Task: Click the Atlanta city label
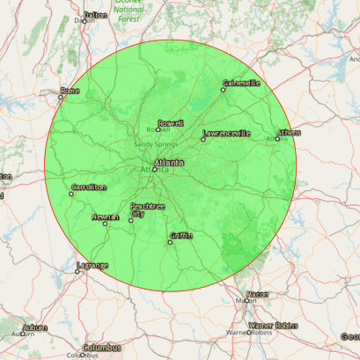[x=169, y=163]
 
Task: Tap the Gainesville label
[x=242, y=84]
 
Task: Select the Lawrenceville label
[x=226, y=134]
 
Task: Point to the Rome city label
[x=70, y=91]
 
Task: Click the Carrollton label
[x=88, y=187]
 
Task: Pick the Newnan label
[x=105, y=216]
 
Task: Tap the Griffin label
[x=181, y=235]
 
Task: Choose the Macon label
[x=257, y=294]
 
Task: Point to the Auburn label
[x=35, y=327]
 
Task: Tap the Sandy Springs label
[x=155, y=143]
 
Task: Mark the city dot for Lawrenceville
[x=203, y=139]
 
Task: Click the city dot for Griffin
[x=171, y=241]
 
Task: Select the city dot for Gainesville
[x=222, y=89]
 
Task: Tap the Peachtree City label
[x=148, y=209]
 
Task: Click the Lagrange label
[x=92, y=265]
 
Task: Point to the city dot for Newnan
[x=106, y=223]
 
